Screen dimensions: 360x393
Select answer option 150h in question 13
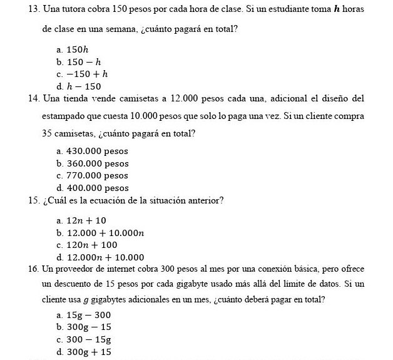(x=78, y=49)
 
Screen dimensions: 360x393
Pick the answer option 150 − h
(x=84, y=62)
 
